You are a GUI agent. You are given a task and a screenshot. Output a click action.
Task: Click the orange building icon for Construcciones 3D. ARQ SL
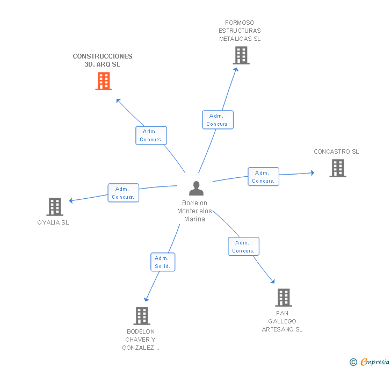click(x=104, y=81)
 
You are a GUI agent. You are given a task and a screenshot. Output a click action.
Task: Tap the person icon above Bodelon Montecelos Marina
click(x=196, y=188)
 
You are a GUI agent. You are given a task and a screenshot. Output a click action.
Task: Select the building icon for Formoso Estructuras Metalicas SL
click(x=241, y=56)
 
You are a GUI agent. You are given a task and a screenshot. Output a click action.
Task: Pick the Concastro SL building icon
click(x=338, y=168)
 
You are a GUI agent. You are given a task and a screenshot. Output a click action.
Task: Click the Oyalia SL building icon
click(x=55, y=207)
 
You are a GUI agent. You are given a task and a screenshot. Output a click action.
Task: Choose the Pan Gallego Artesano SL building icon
click(x=284, y=298)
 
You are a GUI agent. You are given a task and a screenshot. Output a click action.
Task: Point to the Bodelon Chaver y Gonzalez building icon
click(x=142, y=316)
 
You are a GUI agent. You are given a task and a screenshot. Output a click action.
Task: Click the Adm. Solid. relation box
click(x=163, y=262)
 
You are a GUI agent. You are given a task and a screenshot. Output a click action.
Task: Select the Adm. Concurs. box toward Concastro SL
click(x=263, y=177)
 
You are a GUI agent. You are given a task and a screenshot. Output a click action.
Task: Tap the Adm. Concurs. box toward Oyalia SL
click(x=123, y=193)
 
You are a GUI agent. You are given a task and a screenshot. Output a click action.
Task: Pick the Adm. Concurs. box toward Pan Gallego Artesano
click(x=243, y=247)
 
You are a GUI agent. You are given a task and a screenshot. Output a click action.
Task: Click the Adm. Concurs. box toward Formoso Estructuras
click(x=218, y=120)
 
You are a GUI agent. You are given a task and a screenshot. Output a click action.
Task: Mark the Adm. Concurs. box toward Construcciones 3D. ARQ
click(x=151, y=135)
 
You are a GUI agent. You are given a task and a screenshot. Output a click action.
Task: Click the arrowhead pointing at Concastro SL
click(x=312, y=172)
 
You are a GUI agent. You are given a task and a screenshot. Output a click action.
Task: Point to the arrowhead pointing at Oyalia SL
click(x=71, y=200)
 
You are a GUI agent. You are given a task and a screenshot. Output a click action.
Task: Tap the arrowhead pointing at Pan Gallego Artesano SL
click(x=273, y=281)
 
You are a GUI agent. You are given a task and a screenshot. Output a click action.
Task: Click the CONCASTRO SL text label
click(x=336, y=151)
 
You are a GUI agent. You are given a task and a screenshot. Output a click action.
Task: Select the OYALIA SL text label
click(x=53, y=222)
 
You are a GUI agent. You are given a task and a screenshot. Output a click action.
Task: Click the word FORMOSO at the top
click(x=240, y=23)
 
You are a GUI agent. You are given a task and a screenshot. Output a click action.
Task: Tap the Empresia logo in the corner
click(x=370, y=362)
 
